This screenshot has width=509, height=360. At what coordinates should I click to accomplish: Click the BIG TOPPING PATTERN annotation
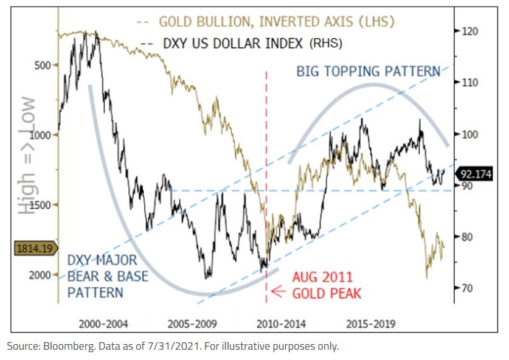pos(368,72)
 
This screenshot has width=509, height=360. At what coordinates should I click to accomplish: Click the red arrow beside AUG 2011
pos(279,292)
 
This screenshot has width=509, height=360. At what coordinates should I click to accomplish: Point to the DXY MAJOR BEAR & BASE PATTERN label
pos(102,277)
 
